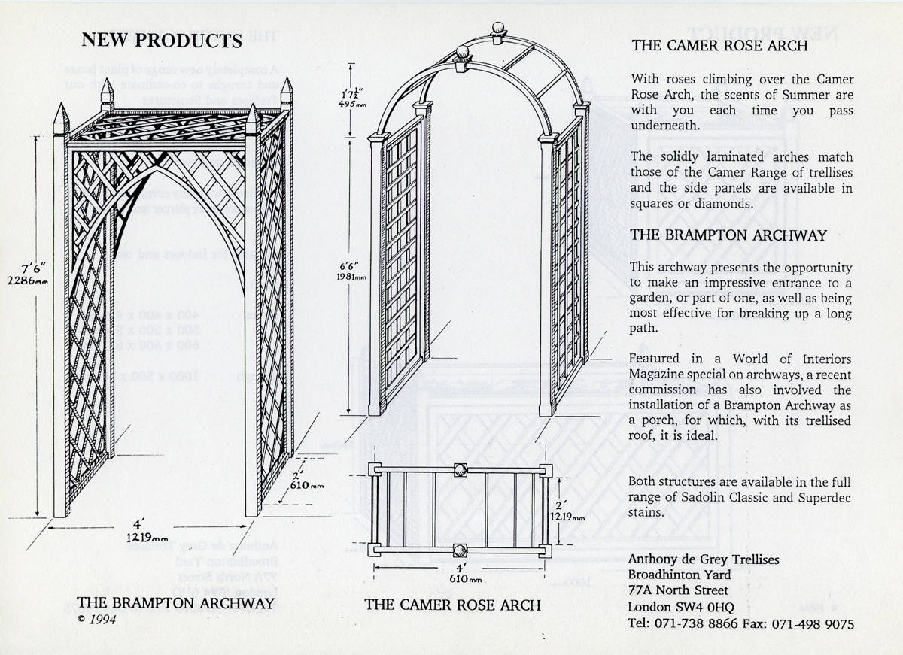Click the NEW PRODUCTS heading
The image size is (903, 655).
(161, 39)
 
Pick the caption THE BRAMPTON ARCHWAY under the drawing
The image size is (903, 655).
(175, 602)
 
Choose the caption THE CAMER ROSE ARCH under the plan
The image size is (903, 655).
(453, 605)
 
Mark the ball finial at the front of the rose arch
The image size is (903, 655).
(463, 55)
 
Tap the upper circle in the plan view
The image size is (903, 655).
(460, 471)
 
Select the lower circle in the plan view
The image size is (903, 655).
(460, 550)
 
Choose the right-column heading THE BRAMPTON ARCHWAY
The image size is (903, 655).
(728, 235)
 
